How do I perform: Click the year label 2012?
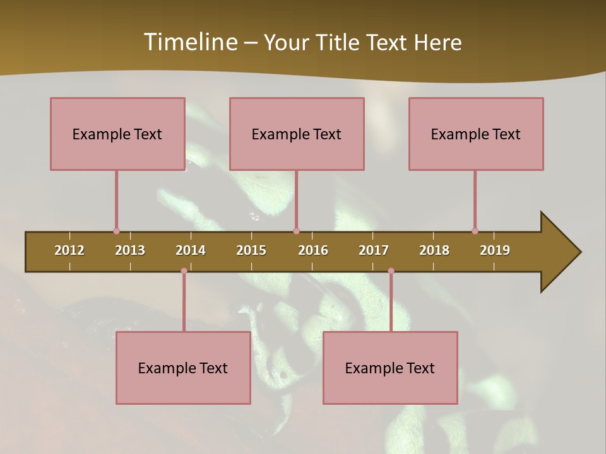point(69,250)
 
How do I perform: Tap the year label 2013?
point(130,250)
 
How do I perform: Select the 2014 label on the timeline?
point(191,250)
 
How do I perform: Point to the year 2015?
point(251,250)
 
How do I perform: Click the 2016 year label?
point(313,250)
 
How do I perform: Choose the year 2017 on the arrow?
point(374,250)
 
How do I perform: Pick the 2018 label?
point(434,250)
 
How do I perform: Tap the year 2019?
point(495,250)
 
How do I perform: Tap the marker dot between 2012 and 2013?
point(116,231)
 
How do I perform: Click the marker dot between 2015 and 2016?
point(296,231)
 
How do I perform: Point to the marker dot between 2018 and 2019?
point(475,231)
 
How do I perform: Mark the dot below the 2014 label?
point(184,271)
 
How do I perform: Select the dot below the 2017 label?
point(391,271)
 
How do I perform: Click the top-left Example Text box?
point(117,134)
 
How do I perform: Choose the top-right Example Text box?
point(476,134)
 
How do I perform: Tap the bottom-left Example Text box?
point(183,368)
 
